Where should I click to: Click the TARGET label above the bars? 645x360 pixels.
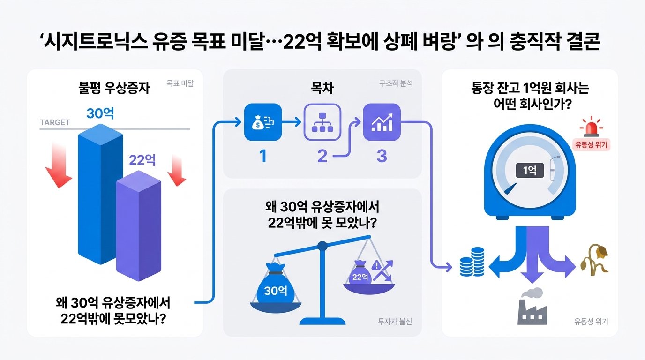[55, 122]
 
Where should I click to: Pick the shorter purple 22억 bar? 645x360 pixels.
[138, 225]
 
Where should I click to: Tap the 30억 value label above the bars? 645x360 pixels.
[100, 113]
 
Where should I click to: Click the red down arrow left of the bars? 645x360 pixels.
[58, 164]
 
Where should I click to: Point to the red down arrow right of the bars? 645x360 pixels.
[177, 170]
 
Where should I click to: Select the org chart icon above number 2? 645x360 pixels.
[322, 122]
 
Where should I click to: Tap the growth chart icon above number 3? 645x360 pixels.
[382, 122]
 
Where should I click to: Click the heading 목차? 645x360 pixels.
[322, 88]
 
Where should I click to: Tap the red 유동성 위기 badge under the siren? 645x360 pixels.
[591, 144]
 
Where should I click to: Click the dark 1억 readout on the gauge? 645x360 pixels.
[530, 171]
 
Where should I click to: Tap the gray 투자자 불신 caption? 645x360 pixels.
[395, 321]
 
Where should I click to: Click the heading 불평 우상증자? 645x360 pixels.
[114, 88]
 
